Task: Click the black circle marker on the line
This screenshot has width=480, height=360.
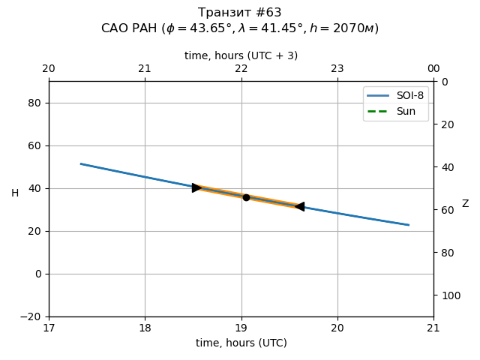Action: [246, 197]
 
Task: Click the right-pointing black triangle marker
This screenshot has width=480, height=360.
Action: [196, 187]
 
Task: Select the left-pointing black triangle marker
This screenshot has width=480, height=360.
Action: [300, 206]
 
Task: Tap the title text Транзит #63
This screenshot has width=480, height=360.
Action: [240, 13]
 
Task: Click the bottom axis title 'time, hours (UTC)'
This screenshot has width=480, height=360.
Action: [241, 343]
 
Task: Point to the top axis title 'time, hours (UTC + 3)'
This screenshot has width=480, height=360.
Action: [241, 55]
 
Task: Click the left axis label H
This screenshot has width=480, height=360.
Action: [15, 193]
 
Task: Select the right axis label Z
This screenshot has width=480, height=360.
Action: [465, 204]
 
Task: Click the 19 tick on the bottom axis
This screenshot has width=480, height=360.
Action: [241, 327]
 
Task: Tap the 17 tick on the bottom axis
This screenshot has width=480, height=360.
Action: [49, 327]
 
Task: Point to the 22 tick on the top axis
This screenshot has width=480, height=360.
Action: [241, 69]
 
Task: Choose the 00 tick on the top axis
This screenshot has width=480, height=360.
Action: [433, 69]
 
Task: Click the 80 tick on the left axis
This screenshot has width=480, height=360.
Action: [34, 103]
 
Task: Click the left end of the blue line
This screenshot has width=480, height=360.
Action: [81, 163]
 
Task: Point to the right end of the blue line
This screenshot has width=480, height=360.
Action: [409, 225]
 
